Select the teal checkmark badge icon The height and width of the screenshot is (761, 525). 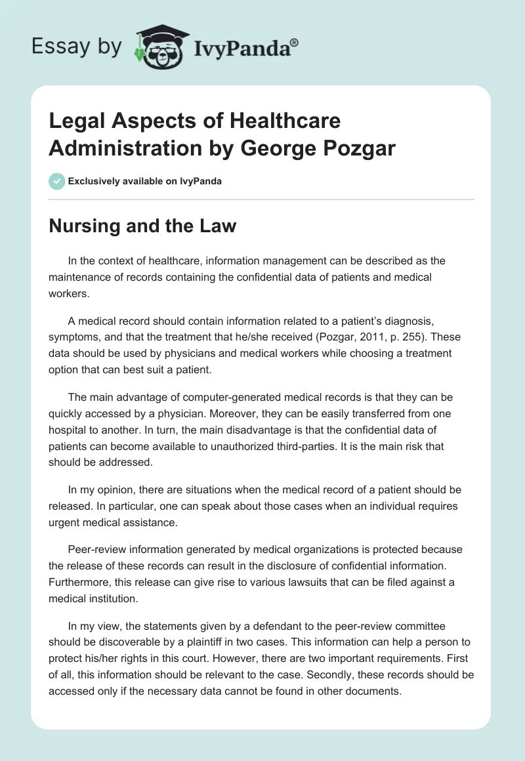point(56,180)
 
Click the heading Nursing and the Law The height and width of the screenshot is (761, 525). point(142,226)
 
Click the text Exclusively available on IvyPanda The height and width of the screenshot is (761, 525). point(145,181)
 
